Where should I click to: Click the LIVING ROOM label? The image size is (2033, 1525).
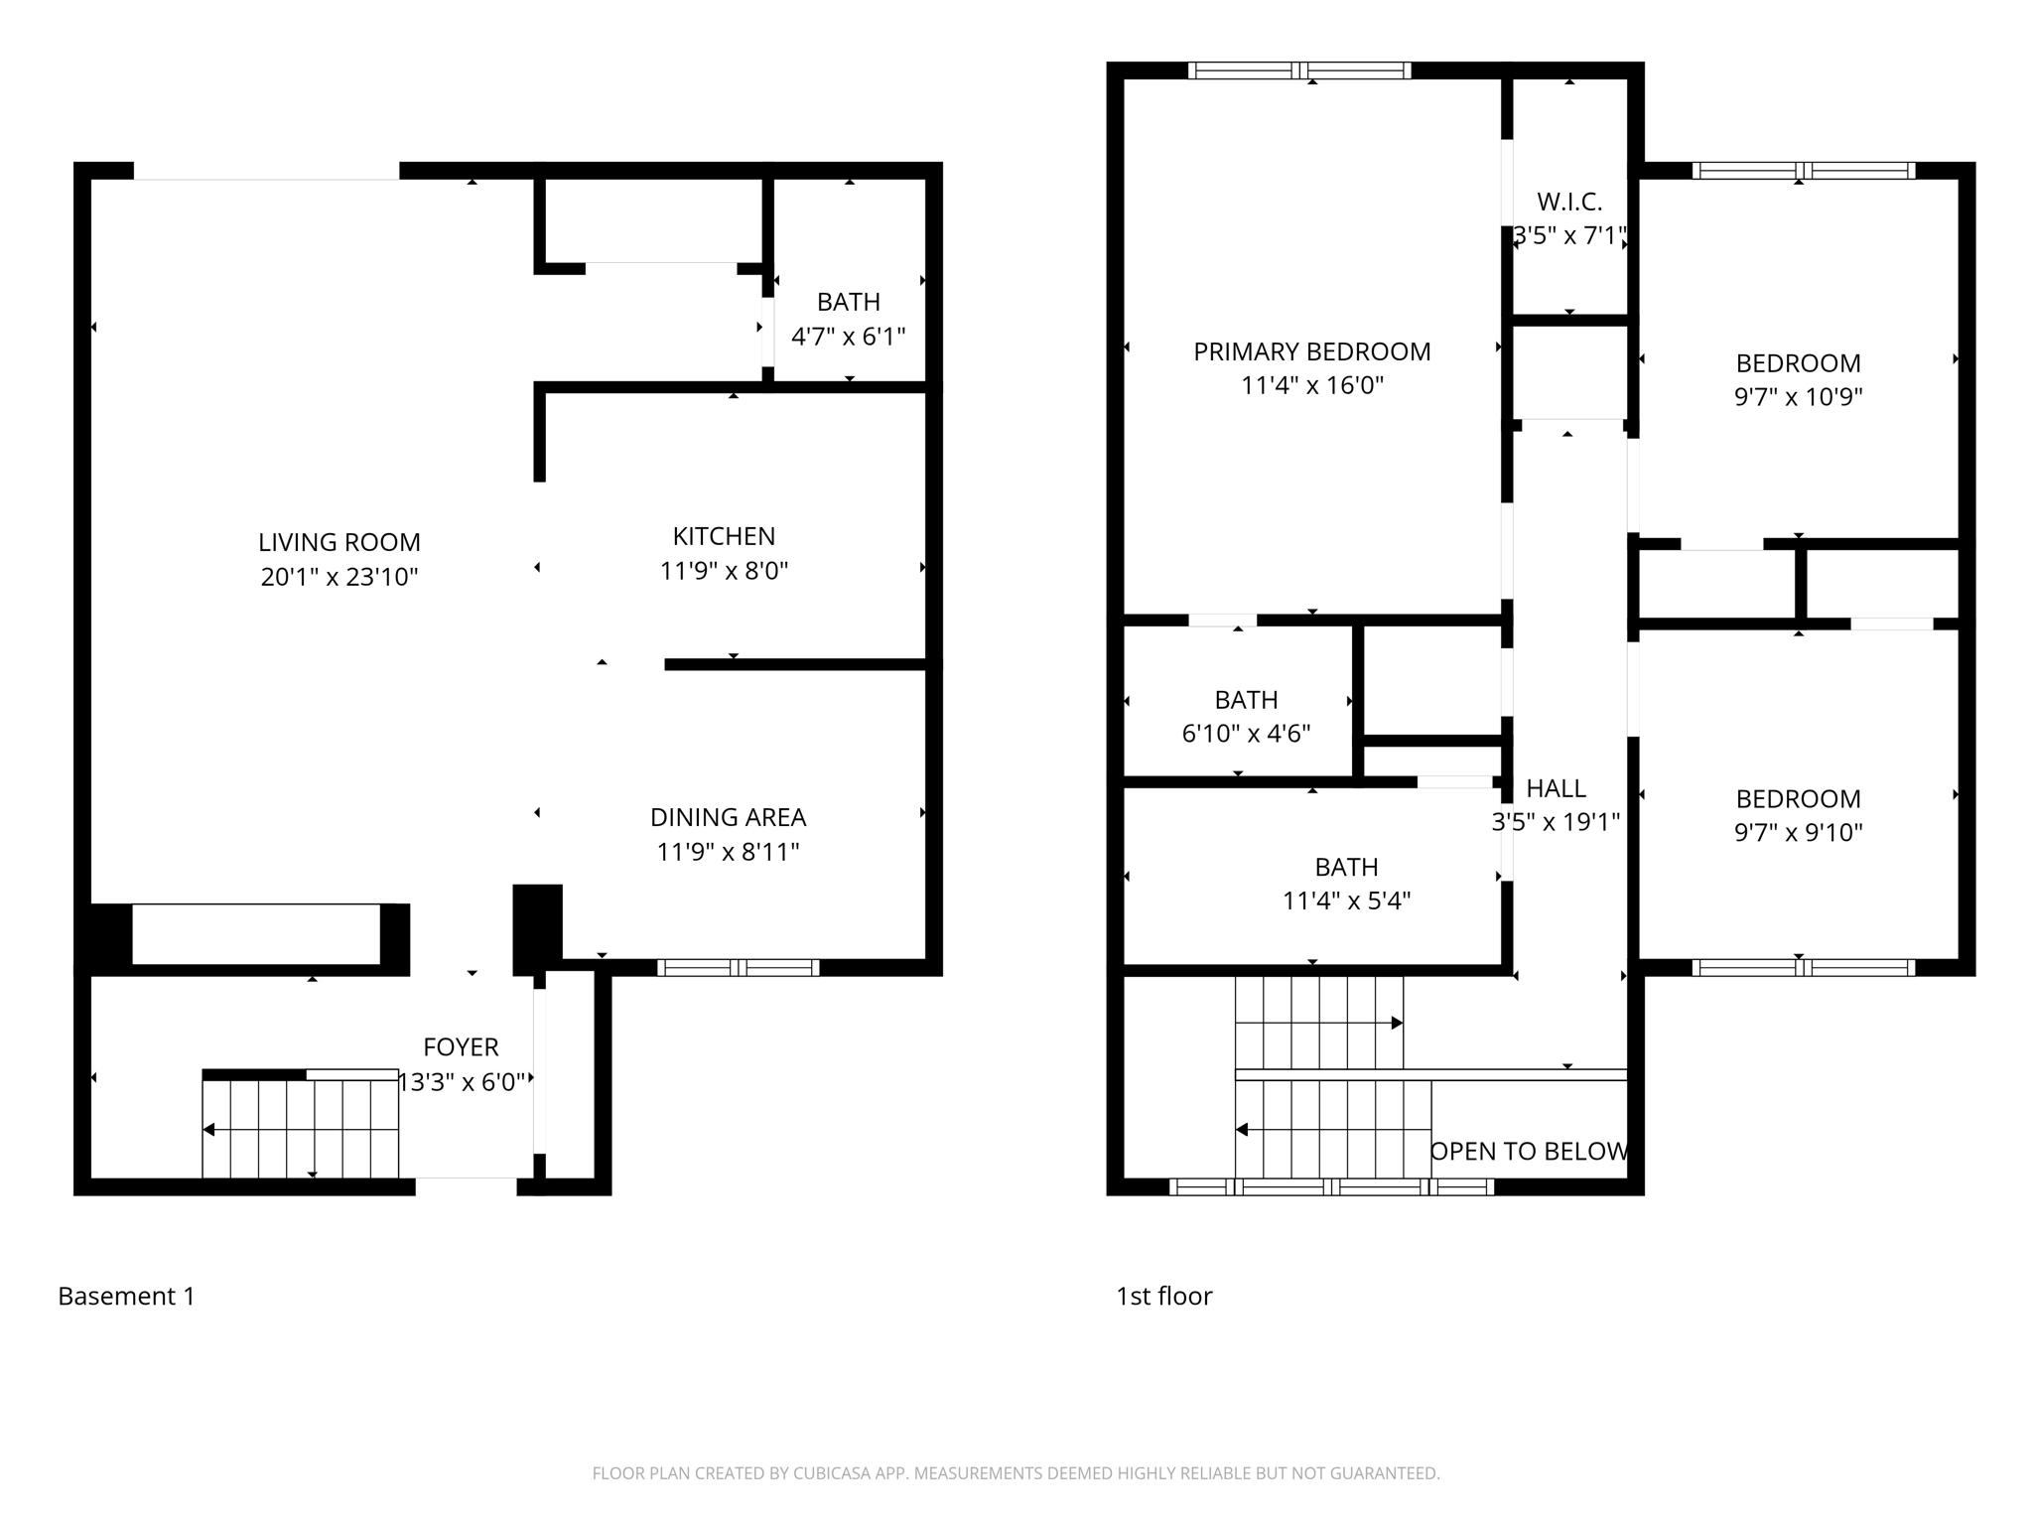(x=339, y=542)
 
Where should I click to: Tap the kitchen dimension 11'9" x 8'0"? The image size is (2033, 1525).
(x=724, y=571)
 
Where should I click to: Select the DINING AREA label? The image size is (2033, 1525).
(x=728, y=817)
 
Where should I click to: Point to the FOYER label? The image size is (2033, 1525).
(x=461, y=1046)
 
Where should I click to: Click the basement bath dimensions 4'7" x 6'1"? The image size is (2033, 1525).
(x=848, y=337)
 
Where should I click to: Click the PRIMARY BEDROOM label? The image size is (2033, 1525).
(x=1311, y=351)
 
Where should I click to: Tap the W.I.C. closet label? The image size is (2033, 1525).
(x=1569, y=202)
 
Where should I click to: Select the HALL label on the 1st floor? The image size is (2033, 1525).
(x=1556, y=788)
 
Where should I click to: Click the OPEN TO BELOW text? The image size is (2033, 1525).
(x=1529, y=1151)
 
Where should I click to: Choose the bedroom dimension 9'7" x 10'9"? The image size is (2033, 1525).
(x=1798, y=397)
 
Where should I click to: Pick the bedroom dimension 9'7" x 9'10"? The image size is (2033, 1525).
(x=1798, y=832)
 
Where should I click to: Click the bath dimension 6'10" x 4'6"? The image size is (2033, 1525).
(x=1246, y=734)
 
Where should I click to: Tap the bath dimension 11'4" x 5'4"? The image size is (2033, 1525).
(x=1346, y=901)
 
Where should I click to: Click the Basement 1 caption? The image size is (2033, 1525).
(x=126, y=1296)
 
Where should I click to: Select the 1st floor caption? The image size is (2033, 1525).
(x=1163, y=1296)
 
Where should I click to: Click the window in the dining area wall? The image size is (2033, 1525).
(x=738, y=967)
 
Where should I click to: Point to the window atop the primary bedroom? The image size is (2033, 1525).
(x=1299, y=70)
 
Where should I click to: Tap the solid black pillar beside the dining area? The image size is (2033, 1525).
(x=537, y=926)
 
